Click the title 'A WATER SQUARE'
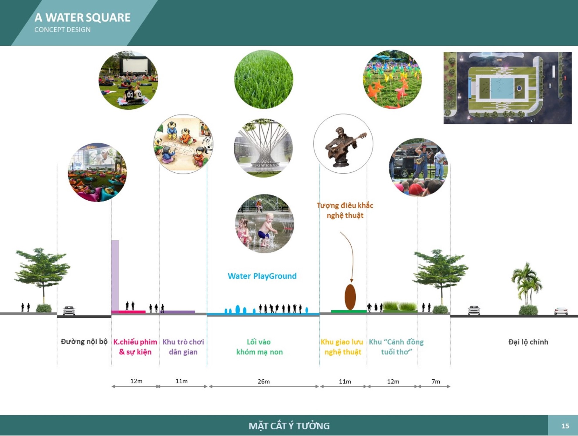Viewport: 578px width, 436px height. [83, 18]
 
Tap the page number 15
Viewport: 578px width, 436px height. [565, 426]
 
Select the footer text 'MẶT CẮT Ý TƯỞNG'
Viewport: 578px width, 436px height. [289, 426]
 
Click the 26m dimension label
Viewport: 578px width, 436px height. [264, 381]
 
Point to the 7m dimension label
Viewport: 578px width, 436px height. [436, 381]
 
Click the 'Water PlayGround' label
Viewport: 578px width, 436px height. [262, 276]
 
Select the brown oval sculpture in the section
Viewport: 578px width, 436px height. [350, 297]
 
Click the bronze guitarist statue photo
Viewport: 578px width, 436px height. [343, 144]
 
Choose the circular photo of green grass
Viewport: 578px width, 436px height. [264, 79]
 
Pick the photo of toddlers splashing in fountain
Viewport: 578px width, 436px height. [264, 224]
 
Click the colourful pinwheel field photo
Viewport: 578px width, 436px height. [392, 79]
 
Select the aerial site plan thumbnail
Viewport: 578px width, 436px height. [507, 88]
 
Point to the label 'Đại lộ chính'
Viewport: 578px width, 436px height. [528, 342]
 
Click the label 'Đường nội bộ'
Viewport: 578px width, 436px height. [84, 342]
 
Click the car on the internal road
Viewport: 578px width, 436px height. [69, 310]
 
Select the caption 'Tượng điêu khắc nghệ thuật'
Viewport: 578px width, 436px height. [345, 210]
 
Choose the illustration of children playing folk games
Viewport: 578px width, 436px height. [183, 144]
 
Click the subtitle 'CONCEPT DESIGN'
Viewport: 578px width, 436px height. [62, 30]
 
